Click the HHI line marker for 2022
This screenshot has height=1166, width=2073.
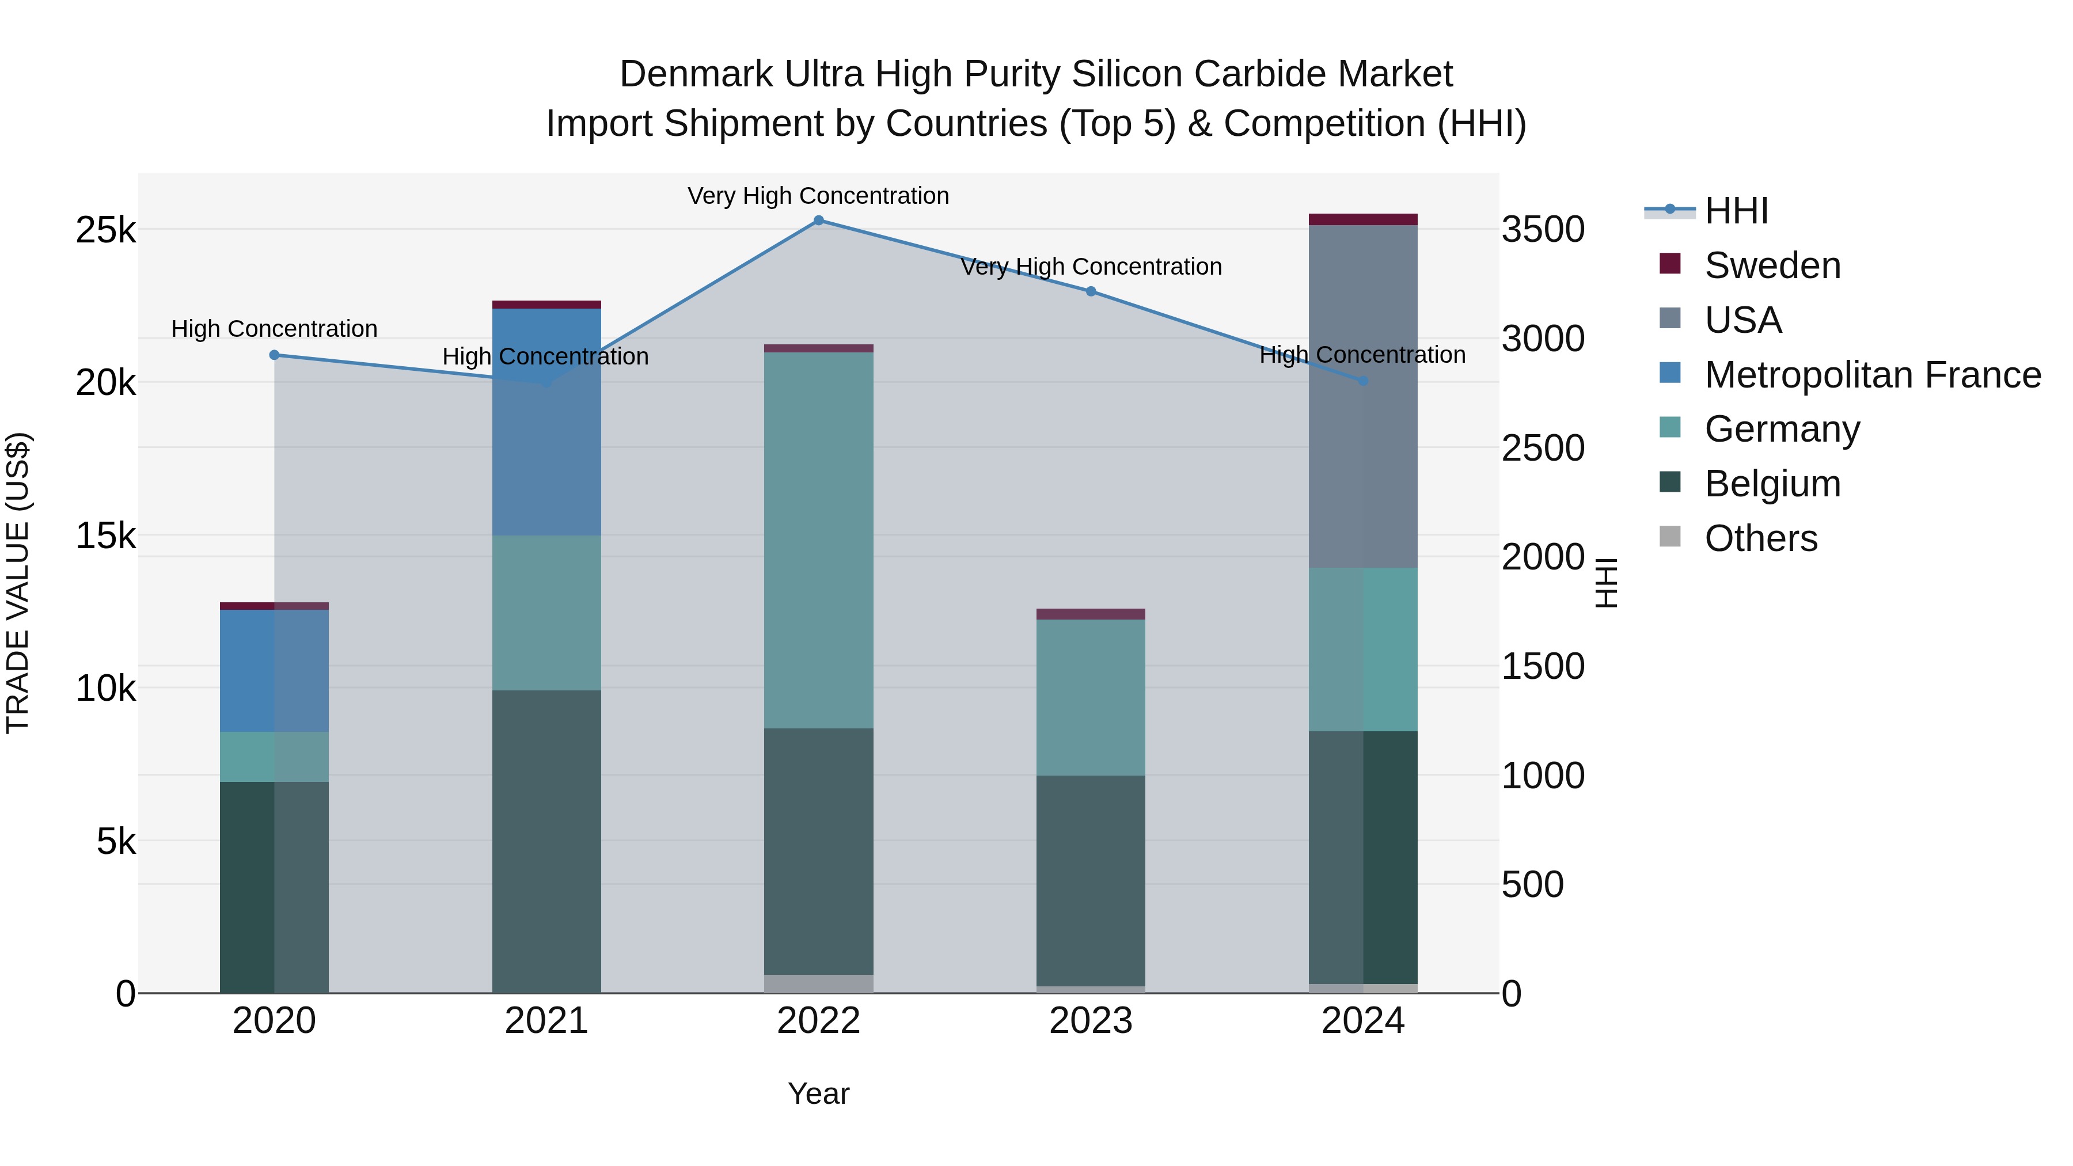818,221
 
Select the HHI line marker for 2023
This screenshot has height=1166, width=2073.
1091,291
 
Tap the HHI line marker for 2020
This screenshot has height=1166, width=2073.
275,355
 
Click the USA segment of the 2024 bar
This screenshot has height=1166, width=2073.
1362,396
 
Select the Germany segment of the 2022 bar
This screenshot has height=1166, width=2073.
818,540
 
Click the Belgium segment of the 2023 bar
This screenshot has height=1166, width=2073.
1091,880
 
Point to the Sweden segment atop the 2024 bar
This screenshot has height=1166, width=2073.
1362,220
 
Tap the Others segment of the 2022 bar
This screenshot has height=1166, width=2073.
818,983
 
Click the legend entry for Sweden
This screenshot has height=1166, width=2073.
1772,265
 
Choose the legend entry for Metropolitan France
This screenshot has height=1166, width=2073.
1872,375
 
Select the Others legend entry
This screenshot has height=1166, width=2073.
1761,538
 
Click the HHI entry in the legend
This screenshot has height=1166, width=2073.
1736,211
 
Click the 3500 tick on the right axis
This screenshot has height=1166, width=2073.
1543,230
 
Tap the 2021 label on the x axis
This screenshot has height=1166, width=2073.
546,1021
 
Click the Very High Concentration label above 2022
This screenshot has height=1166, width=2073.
818,196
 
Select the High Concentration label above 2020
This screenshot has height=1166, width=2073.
275,329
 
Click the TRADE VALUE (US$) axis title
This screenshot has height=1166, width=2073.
18,583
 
